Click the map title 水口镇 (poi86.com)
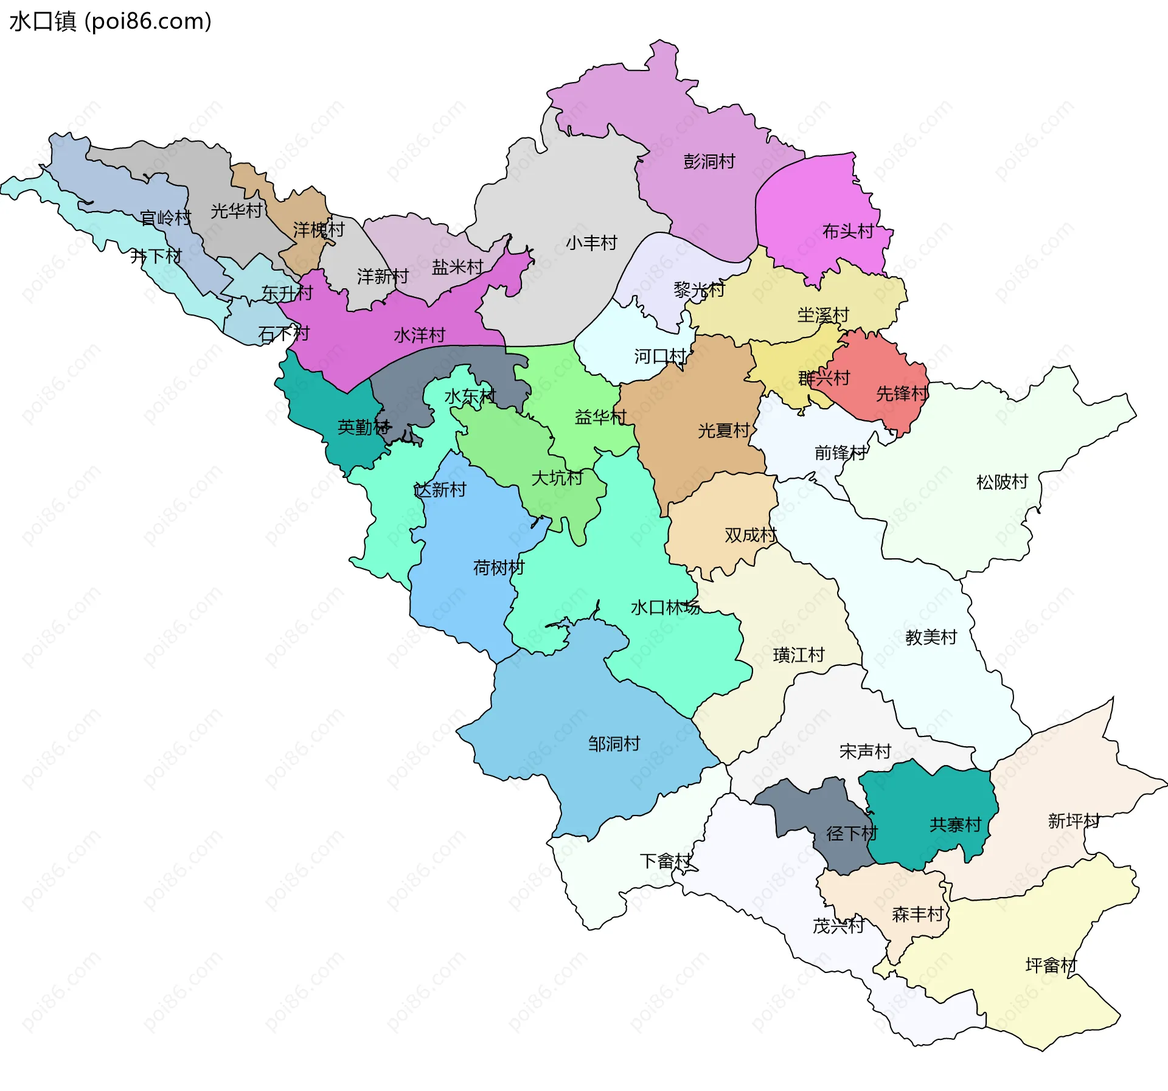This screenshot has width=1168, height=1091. coord(110,21)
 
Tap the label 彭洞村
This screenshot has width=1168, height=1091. coord(709,162)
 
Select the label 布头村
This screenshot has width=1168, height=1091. coord(847,232)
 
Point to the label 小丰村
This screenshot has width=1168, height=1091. coord(591,243)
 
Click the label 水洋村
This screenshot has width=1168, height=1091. coord(419,336)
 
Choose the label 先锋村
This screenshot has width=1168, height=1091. coord(902,394)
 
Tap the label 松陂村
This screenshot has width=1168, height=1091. coord(1001,482)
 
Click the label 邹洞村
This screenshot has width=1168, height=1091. coord(614,744)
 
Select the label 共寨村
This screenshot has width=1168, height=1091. coord(955,825)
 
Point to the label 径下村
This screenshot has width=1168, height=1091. coord(852,834)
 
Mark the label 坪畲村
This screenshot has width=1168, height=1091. coord(1051,966)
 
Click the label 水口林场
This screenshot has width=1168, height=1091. coord(665,608)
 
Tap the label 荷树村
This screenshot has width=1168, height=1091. coord(498,568)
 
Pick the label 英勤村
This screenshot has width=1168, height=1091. coord(363,428)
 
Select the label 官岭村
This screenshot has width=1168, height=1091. coord(165,218)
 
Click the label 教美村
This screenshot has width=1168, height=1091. coord(931,637)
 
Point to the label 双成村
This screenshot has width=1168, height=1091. coord(750,535)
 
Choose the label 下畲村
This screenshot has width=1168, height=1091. coord(666,861)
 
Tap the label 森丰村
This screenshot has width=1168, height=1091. coord(917,915)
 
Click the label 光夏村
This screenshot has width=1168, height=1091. coord(723,431)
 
